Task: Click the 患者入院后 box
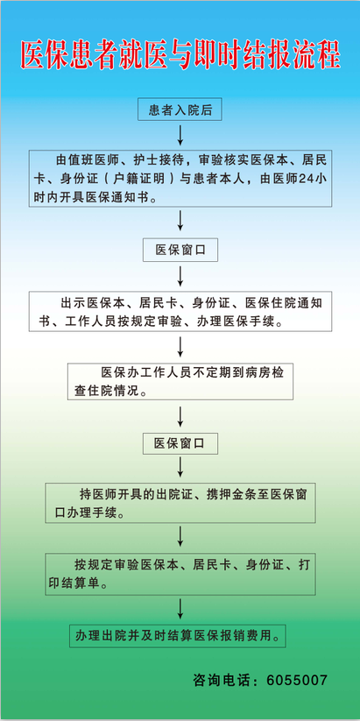180,110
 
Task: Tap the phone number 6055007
297,680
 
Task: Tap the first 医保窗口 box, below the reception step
180,251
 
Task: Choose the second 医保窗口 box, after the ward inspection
180,443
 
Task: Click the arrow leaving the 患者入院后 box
180,134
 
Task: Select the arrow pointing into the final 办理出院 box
180,608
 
